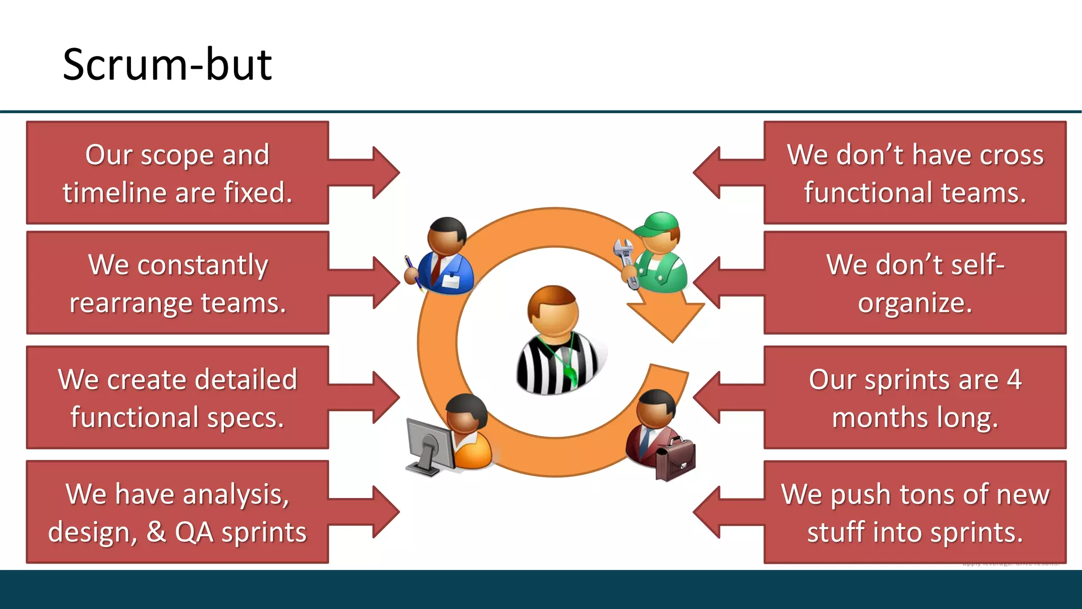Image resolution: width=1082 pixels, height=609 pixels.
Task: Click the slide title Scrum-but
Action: pyautogui.click(x=167, y=64)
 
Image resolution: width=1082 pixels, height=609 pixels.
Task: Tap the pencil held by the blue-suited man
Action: pyautogui.click(x=412, y=271)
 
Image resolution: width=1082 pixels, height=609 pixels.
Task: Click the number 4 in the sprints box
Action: pyautogui.click(x=1013, y=380)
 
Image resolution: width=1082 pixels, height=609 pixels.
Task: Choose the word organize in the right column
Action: pyautogui.click(x=915, y=303)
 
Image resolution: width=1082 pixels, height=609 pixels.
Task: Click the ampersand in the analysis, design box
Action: pyautogui.click(x=156, y=532)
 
